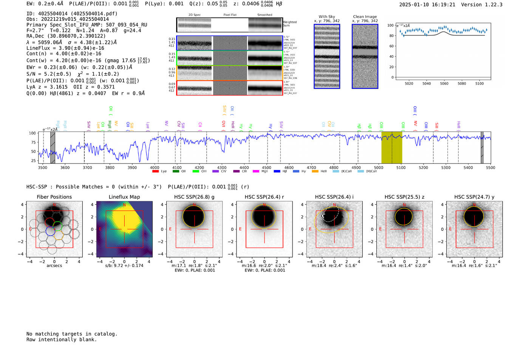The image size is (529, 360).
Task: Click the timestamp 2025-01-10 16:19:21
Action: point(427,5)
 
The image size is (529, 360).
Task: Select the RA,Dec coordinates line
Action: point(66,36)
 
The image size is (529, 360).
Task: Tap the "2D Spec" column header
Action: point(195,15)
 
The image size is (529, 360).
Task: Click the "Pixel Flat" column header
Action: point(230,15)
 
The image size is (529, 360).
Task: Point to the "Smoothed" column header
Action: point(264,15)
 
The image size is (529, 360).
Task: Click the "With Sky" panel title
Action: point(327,17)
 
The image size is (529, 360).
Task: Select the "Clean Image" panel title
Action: point(365,17)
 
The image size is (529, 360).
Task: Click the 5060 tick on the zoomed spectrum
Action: point(444,83)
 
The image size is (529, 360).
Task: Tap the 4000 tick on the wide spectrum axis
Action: point(155,167)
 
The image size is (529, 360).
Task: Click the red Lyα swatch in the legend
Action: point(155,172)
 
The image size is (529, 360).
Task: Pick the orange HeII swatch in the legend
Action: point(315,172)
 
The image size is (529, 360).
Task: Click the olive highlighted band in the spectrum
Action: point(391,147)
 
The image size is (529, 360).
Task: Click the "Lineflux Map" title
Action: point(124,197)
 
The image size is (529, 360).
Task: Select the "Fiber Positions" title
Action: point(54,197)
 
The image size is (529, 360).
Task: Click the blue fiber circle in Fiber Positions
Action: point(50,231)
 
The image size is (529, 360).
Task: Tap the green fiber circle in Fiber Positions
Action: point(58,226)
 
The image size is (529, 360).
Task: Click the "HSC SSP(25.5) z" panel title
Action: point(404,197)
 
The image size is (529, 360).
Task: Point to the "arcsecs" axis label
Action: point(54,266)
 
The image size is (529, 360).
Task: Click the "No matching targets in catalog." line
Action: point(72,334)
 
